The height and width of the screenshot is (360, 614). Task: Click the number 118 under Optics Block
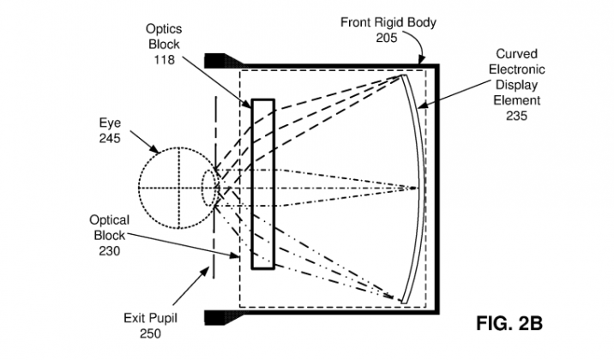pyautogui.click(x=163, y=60)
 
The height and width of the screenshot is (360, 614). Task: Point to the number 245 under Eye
pyautogui.click(x=109, y=138)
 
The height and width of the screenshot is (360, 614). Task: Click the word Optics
pyautogui.click(x=163, y=30)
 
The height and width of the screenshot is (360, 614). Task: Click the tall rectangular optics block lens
pyautogui.click(x=262, y=185)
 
